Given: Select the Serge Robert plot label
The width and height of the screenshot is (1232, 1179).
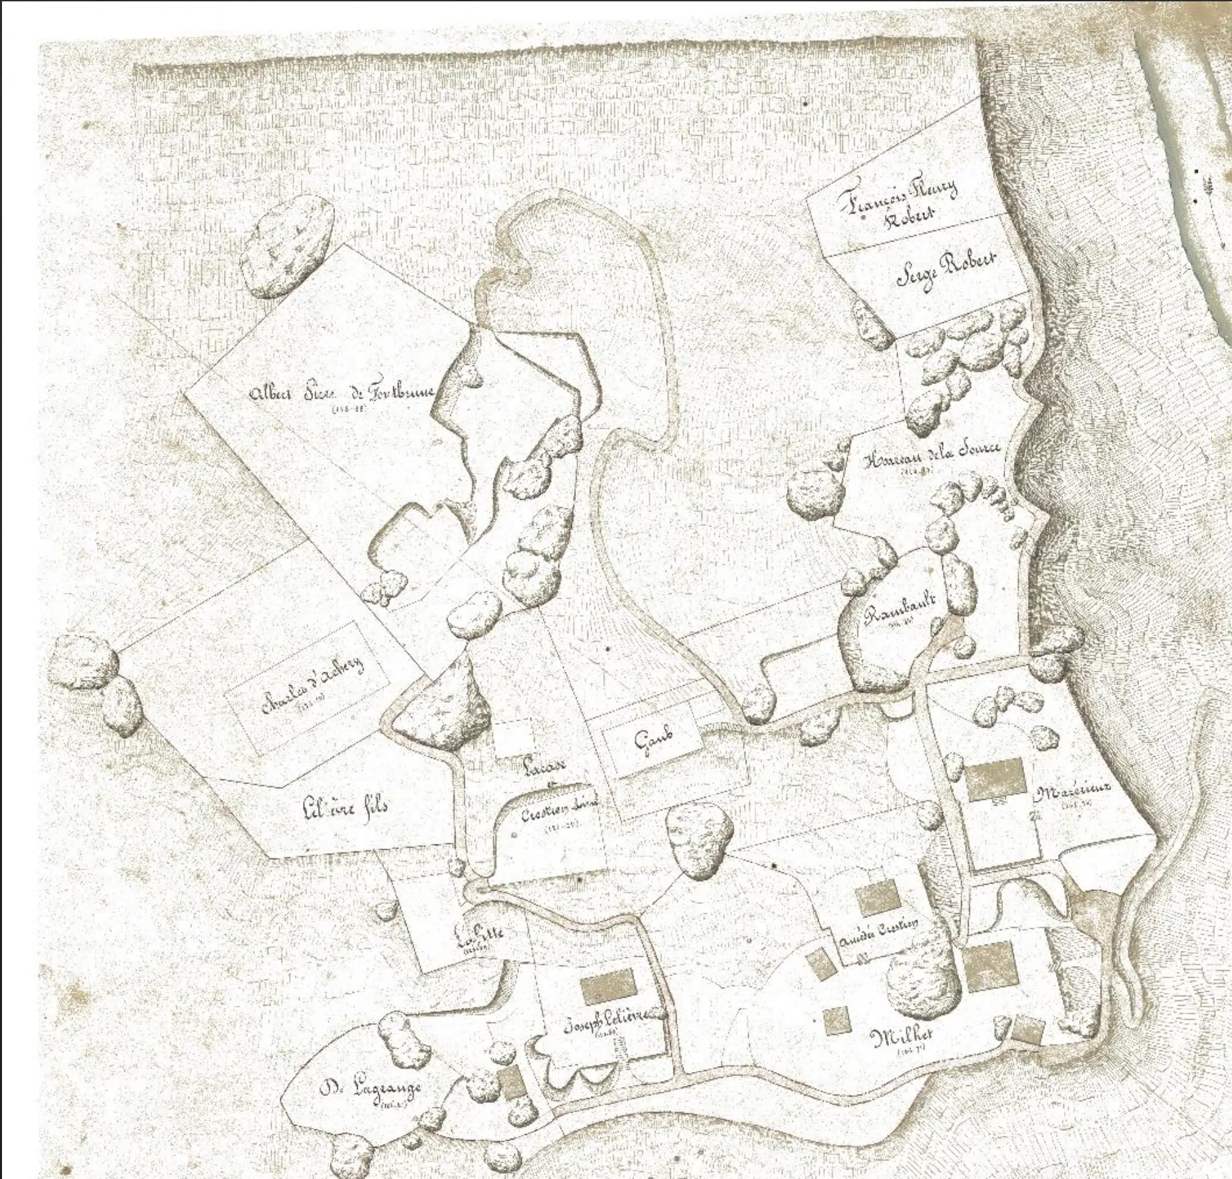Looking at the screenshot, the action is pos(946,270).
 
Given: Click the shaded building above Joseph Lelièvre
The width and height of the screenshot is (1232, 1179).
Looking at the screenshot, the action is pos(607,986).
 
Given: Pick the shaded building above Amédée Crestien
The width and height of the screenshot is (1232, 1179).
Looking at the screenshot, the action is pos(877,897).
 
